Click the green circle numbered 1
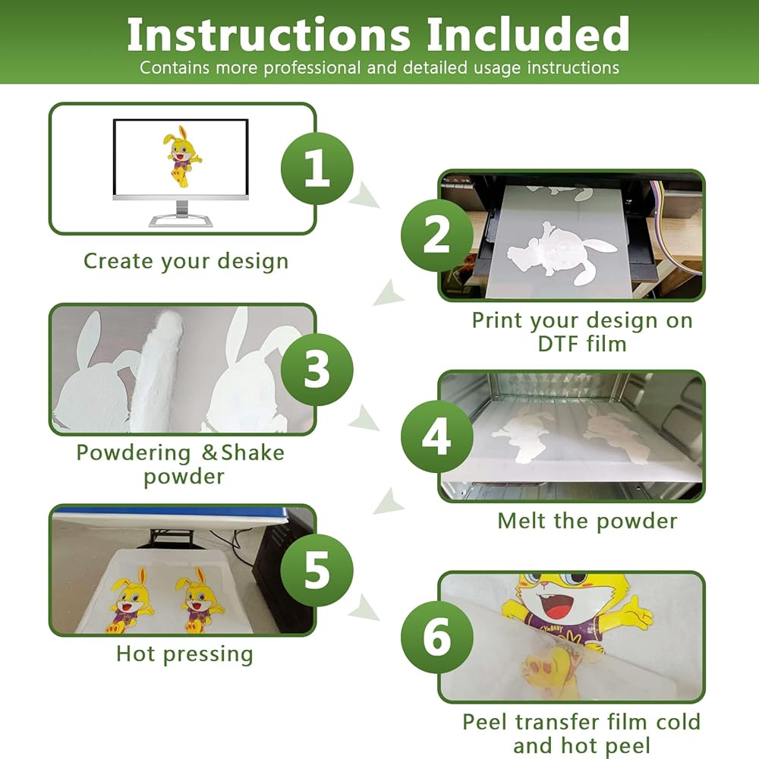pos(317,168)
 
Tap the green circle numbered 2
pos(437,235)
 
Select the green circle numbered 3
pos(317,370)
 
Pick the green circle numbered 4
pos(437,436)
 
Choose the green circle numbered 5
pos(317,570)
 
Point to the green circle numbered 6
pos(437,637)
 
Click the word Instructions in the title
pos(269,34)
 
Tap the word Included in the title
pos(528,34)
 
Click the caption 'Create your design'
pos(186,262)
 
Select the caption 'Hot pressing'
pos(184,654)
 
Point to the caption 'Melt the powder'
pos(587,521)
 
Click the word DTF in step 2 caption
pos(559,344)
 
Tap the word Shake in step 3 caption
pos(253,452)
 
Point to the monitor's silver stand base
pos(181,221)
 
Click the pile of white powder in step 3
pos(157,370)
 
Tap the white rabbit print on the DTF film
pos(562,253)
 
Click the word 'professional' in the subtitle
pos(312,68)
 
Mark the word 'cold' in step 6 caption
pos(678,722)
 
